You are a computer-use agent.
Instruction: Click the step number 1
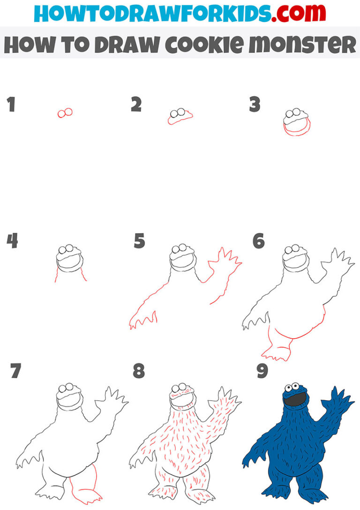11,105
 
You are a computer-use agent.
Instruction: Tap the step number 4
12,242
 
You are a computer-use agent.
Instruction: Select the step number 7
16,372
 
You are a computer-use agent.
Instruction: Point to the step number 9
262,372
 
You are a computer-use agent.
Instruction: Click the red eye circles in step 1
65,113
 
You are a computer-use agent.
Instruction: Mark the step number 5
139,242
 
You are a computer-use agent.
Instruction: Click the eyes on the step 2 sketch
178,113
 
